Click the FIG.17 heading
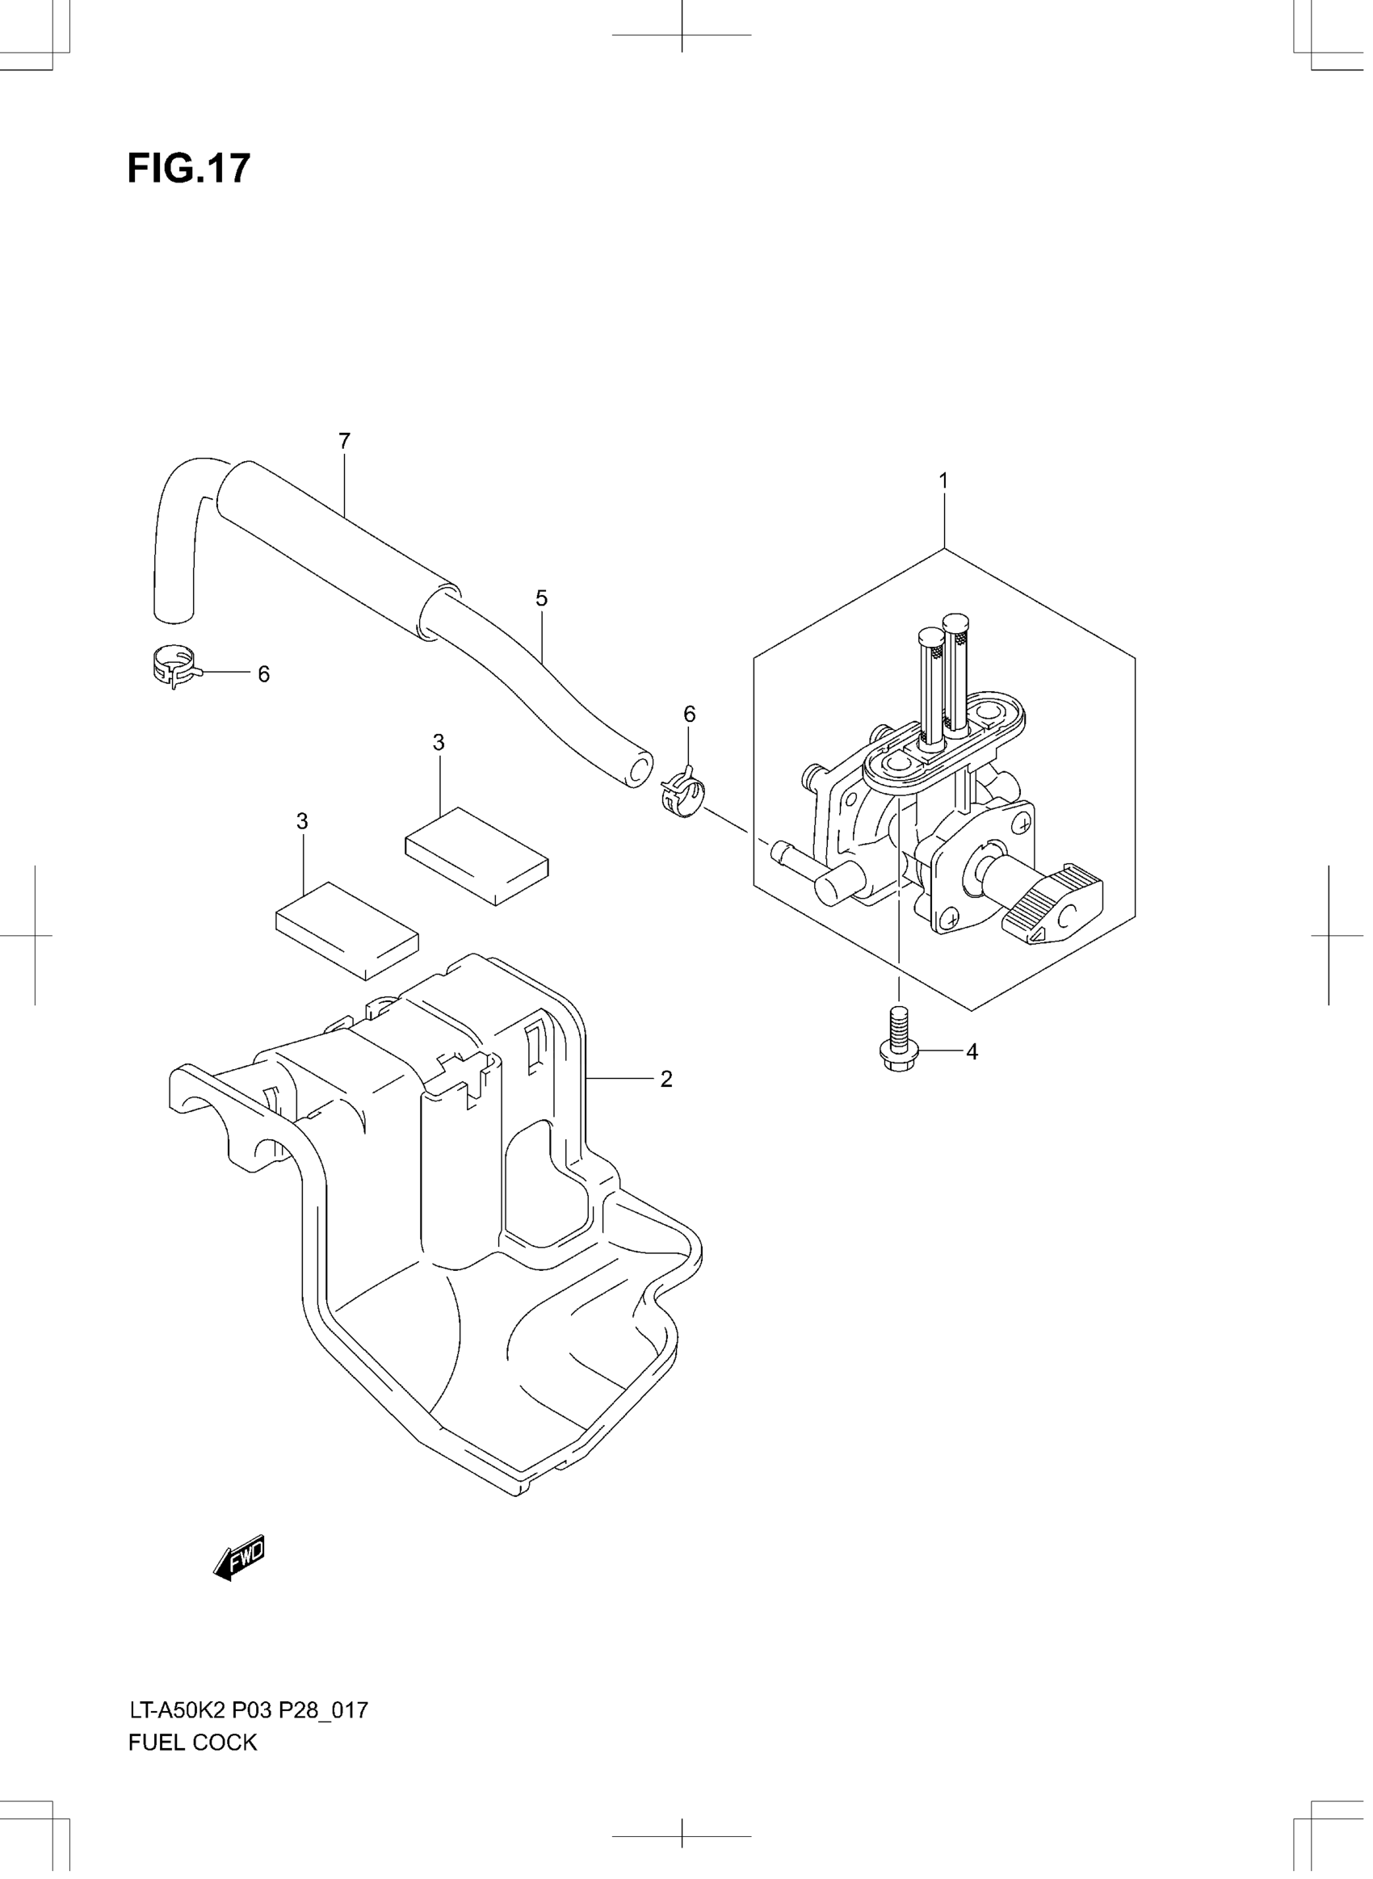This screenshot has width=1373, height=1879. pyautogui.click(x=189, y=170)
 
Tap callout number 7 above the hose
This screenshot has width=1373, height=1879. pyautogui.click(x=344, y=442)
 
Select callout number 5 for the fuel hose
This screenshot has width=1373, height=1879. pyautogui.click(x=541, y=598)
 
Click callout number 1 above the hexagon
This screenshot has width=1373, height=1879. pyautogui.click(x=943, y=481)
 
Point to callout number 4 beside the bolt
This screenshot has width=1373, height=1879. pyautogui.click(x=972, y=1052)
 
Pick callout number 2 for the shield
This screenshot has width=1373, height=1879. pyautogui.click(x=666, y=1079)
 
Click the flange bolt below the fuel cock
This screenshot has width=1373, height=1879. pyautogui.click(x=897, y=1043)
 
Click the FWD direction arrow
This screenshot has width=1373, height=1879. pyautogui.click(x=239, y=1557)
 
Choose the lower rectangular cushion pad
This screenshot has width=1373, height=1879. pyautogui.click(x=346, y=930)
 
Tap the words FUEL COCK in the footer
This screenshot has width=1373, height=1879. pyautogui.click(x=193, y=1743)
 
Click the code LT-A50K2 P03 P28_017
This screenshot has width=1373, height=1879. pyautogui.click(x=248, y=1710)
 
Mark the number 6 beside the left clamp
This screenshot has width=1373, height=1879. pyautogui.click(x=263, y=675)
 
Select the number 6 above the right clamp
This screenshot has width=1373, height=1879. pyautogui.click(x=689, y=714)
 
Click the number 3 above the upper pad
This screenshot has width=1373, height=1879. pyautogui.click(x=438, y=743)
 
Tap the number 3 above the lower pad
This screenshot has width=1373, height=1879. pyautogui.click(x=302, y=822)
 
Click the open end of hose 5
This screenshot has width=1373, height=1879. pyautogui.click(x=638, y=769)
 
